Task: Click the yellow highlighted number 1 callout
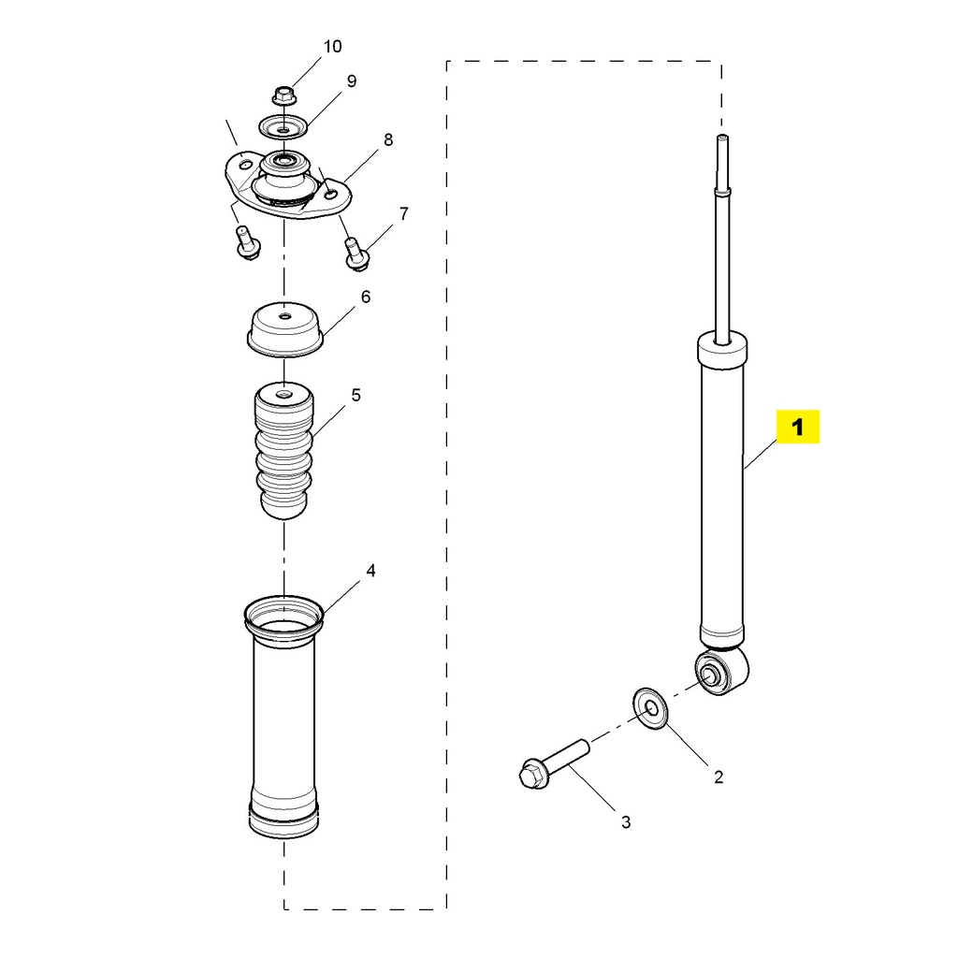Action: coord(797,427)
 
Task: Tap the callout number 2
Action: coord(718,777)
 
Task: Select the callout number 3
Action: coord(626,822)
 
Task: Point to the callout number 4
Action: coord(370,571)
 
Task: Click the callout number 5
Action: coord(356,396)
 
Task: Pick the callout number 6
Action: coord(366,297)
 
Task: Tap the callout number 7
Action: coord(404,214)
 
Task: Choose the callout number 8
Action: coord(388,140)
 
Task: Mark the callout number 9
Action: coord(352,81)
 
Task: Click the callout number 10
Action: coord(332,47)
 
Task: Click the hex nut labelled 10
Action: coord(283,95)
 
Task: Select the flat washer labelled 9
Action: coord(283,127)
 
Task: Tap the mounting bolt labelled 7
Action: coord(356,253)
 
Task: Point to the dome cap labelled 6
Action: coord(284,329)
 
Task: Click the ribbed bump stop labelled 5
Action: coord(283,450)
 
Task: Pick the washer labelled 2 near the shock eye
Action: coord(650,709)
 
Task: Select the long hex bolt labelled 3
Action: coord(554,764)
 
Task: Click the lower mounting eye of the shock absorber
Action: coord(721,671)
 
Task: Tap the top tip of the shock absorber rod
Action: coord(722,136)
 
